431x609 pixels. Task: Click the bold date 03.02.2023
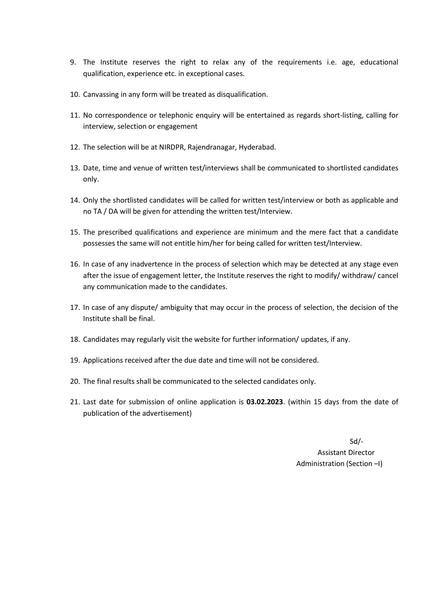265,402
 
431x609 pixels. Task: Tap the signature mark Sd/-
356,441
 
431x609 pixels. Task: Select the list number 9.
73,62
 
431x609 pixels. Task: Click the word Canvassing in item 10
101,94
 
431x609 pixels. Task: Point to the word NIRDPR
172,147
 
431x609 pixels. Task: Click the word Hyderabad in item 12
257,147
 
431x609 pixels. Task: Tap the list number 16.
75,264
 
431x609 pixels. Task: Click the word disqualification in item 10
242,94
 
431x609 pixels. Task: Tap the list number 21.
75,402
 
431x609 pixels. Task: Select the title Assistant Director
346,452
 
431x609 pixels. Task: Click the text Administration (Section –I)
339,464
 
